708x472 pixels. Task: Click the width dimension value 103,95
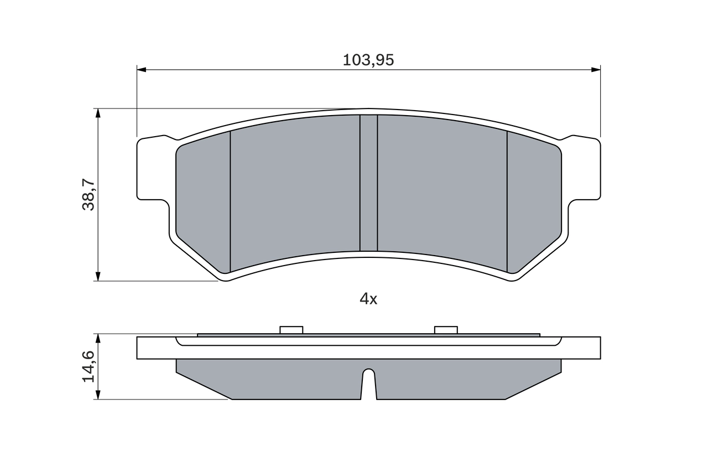(x=368, y=60)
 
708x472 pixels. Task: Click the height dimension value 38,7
(x=89, y=194)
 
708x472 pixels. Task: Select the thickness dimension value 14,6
(x=89, y=366)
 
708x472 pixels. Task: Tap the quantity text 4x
(x=368, y=299)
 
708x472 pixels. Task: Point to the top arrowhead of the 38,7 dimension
(x=98, y=113)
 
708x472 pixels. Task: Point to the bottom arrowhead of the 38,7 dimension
(x=98, y=276)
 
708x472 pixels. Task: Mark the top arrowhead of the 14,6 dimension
(x=98, y=338)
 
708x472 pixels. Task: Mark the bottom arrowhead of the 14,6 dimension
(x=98, y=395)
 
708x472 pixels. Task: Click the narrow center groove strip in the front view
(x=368, y=183)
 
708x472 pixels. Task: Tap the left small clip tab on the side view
(x=291, y=330)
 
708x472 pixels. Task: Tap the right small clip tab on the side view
(x=446, y=330)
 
